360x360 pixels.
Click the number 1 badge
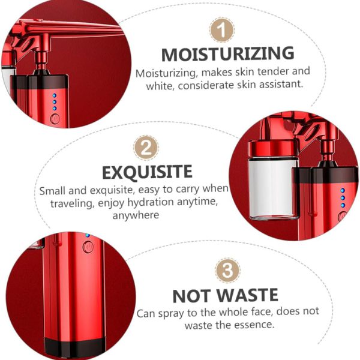pos(222,30)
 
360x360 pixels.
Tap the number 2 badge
pos(146,148)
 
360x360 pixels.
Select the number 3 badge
pos(227,270)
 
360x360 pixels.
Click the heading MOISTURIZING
pos(228,54)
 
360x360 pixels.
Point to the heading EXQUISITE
pos(147,172)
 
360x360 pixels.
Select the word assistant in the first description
pos(281,84)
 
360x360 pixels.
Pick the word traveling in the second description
pos(73,203)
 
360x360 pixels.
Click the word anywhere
pos(136,215)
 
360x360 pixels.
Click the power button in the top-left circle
pos(55,119)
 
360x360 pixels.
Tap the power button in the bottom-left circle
pos(88,247)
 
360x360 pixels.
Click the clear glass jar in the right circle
pos(273,188)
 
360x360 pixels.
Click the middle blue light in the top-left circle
pos(55,102)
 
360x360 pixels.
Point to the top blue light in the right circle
pos(343,190)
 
